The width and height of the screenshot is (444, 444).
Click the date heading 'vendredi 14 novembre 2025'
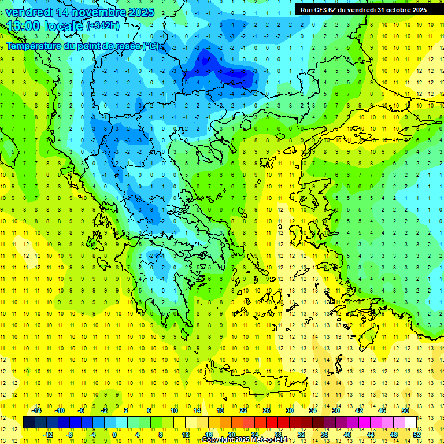coord(80,12)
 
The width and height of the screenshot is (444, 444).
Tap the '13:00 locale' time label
coord(45,26)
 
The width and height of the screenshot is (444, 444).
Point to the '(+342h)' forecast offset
coord(103,26)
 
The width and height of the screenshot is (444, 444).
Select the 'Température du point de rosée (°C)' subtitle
coord(83,45)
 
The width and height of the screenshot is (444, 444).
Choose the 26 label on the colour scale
coord(267,410)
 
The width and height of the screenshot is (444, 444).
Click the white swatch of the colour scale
coord(410,423)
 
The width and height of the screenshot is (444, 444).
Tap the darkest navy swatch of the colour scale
coord(29,423)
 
